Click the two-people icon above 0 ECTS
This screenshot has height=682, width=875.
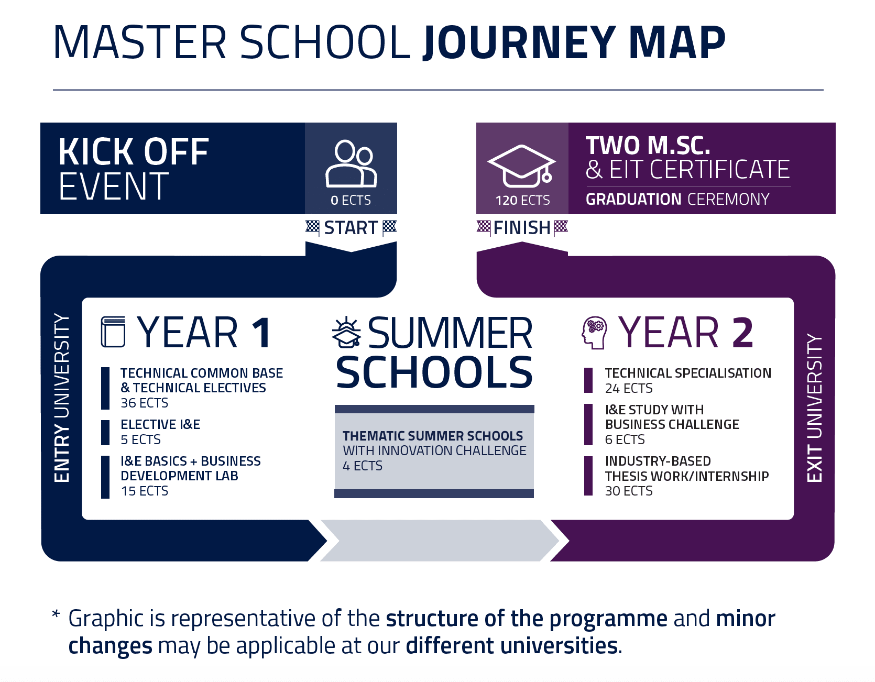(351, 164)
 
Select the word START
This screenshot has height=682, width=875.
(351, 228)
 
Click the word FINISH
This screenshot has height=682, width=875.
(522, 228)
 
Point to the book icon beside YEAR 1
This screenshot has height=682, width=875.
(113, 332)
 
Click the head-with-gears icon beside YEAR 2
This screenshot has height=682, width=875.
(595, 333)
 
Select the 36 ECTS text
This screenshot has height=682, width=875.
(145, 403)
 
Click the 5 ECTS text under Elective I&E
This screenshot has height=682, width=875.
(141, 439)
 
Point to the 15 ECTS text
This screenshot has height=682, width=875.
(145, 491)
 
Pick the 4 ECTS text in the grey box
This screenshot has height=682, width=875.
(363, 466)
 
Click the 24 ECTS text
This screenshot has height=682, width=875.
(629, 388)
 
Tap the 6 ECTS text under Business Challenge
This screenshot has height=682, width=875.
(625, 439)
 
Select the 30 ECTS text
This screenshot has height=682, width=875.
(629, 491)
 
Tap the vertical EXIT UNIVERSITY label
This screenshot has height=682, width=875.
(815, 408)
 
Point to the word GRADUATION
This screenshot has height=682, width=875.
(633, 200)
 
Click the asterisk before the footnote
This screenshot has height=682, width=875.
(56, 613)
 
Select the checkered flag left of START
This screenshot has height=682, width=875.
(313, 228)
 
